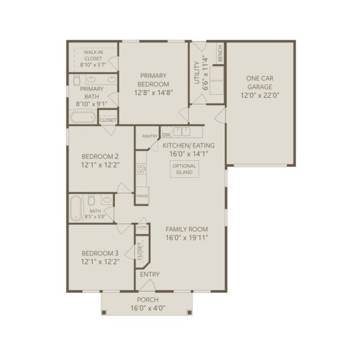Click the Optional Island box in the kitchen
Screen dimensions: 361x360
click(184, 169)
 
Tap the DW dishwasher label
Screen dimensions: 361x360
click(166, 135)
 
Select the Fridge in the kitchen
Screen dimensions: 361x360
click(142, 195)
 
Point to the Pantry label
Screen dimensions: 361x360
click(150, 136)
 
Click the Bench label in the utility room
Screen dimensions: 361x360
click(220, 53)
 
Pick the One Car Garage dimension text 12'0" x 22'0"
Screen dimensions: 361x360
click(260, 95)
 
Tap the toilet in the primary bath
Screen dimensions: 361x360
click(77, 80)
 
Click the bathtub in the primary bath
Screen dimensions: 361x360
click(83, 117)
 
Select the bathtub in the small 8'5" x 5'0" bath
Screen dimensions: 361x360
click(76, 208)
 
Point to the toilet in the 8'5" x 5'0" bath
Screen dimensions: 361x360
click(91, 200)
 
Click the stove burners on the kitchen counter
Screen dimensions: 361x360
click(141, 169)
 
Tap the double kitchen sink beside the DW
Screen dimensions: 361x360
click(181, 132)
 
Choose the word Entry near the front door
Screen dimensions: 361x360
click(150, 274)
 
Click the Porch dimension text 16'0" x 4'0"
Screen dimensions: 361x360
click(148, 308)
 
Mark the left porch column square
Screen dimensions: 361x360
click(104, 312)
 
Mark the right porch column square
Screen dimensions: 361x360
click(189, 312)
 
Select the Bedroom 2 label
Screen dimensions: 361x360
click(100, 157)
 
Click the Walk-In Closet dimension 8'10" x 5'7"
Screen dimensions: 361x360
click(93, 65)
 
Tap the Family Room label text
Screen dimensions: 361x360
click(187, 229)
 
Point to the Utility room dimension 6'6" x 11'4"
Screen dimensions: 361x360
click(205, 73)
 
